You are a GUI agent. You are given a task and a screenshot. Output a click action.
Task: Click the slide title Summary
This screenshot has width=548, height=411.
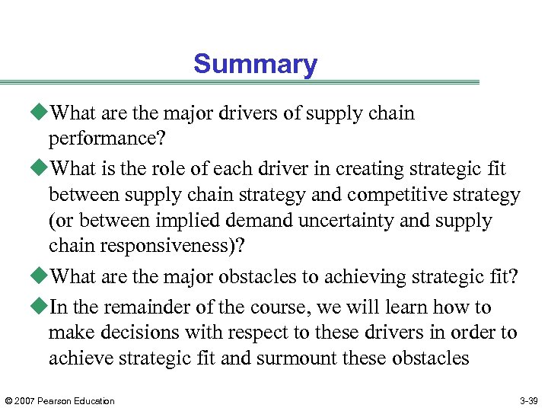click(255, 64)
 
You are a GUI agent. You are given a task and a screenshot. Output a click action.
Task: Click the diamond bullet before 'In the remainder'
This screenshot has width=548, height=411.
click(42, 307)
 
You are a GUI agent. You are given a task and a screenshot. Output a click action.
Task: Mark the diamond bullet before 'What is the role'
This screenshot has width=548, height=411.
click(42, 169)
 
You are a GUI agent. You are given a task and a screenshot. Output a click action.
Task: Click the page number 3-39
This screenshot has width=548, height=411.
click(529, 400)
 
